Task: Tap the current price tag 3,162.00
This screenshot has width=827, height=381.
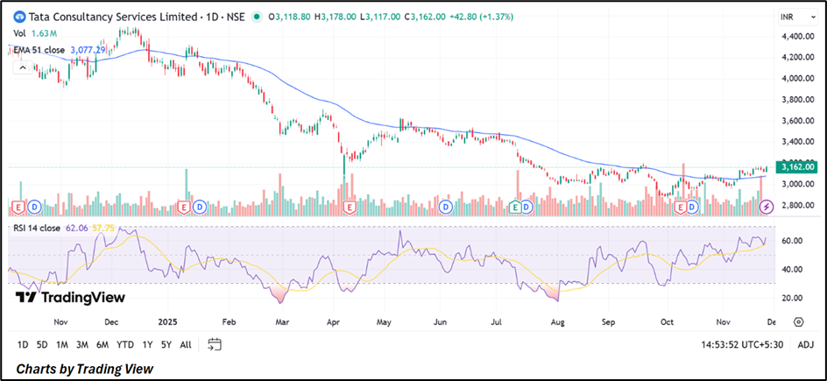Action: tap(798, 166)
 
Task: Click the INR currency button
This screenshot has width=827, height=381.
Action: tap(787, 17)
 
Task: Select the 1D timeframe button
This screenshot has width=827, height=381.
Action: tap(23, 344)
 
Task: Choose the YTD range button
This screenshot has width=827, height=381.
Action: tap(125, 344)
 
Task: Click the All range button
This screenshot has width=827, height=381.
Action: tap(186, 344)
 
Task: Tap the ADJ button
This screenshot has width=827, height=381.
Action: tap(805, 344)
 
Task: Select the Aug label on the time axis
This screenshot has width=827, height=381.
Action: tap(557, 321)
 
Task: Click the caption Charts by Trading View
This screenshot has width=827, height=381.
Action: tap(84, 369)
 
